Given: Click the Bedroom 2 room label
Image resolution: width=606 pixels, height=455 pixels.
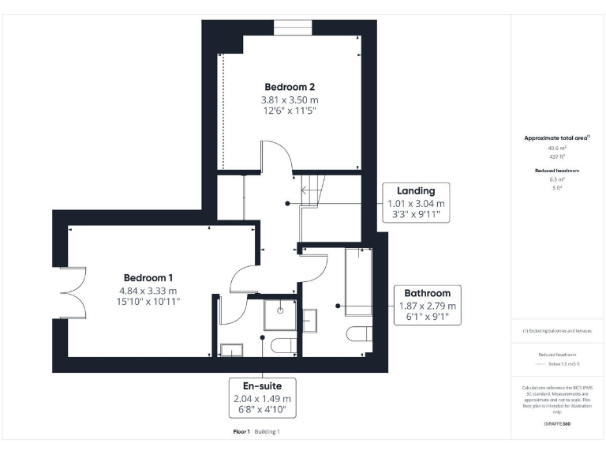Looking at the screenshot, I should coord(290,86).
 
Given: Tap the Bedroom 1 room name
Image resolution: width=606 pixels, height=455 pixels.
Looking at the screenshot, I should coord(148,277).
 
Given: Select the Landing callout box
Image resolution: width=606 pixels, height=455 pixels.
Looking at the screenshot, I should coord(416,202).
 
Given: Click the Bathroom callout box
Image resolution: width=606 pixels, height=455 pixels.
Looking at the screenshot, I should coord(427,305).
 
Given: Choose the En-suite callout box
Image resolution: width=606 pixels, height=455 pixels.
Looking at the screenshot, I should coord(262,398).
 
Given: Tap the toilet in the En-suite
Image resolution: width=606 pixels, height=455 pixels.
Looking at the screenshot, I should coord(279,345).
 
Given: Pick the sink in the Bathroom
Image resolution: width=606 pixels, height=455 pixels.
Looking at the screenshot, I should coord(310,321).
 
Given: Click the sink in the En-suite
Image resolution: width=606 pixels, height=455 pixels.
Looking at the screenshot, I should coord(232,349).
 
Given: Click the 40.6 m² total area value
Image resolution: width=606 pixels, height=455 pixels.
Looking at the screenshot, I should coord(557,148).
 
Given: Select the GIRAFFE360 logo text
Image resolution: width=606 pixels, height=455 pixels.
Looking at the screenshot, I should coord(557,424).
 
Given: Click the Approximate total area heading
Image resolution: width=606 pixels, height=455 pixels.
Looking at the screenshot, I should coord(556,137).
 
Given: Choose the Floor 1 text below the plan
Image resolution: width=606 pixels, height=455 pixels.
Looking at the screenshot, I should coord(241,432).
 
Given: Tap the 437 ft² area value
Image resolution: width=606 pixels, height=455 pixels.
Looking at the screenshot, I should coord(557,156).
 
